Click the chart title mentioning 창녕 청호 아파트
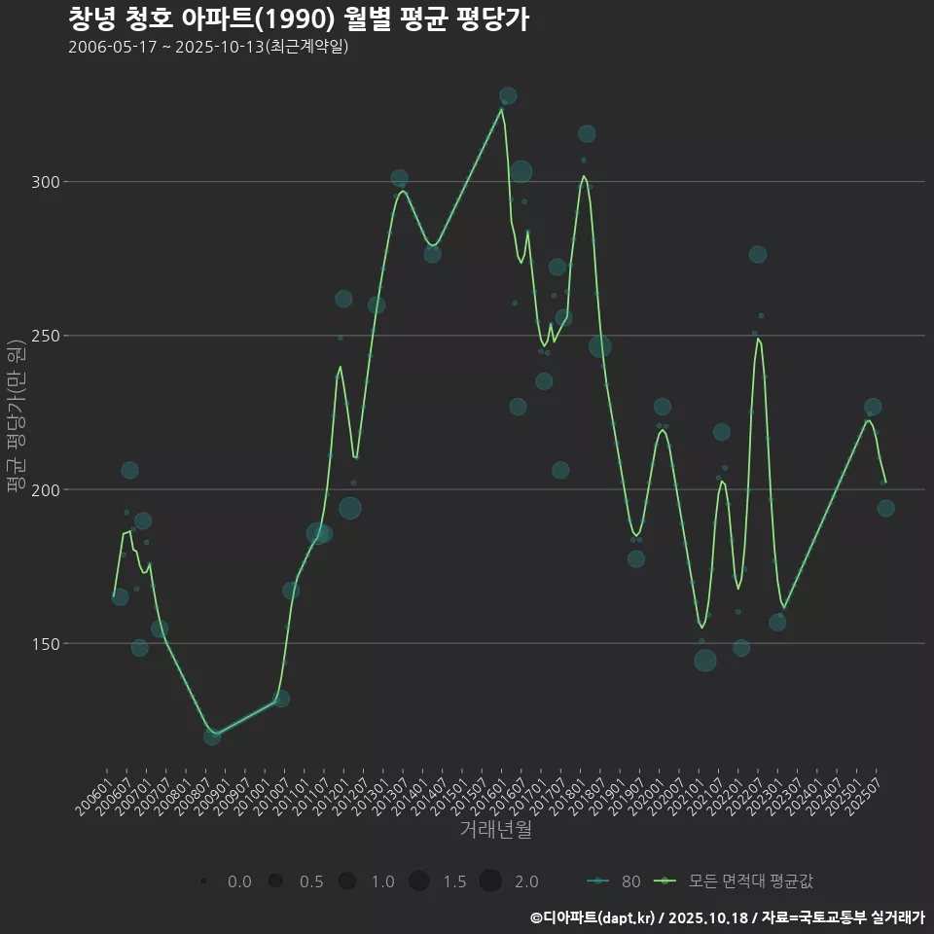point(299,19)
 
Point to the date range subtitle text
point(208,48)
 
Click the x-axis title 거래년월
point(495,830)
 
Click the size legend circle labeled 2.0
point(490,881)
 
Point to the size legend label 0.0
point(239,881)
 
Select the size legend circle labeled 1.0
point(347,881)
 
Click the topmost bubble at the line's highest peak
point(508,96)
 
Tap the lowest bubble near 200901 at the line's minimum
point(212,736)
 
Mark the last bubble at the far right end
point(885,508)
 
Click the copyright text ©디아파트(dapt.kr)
point(593,917)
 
